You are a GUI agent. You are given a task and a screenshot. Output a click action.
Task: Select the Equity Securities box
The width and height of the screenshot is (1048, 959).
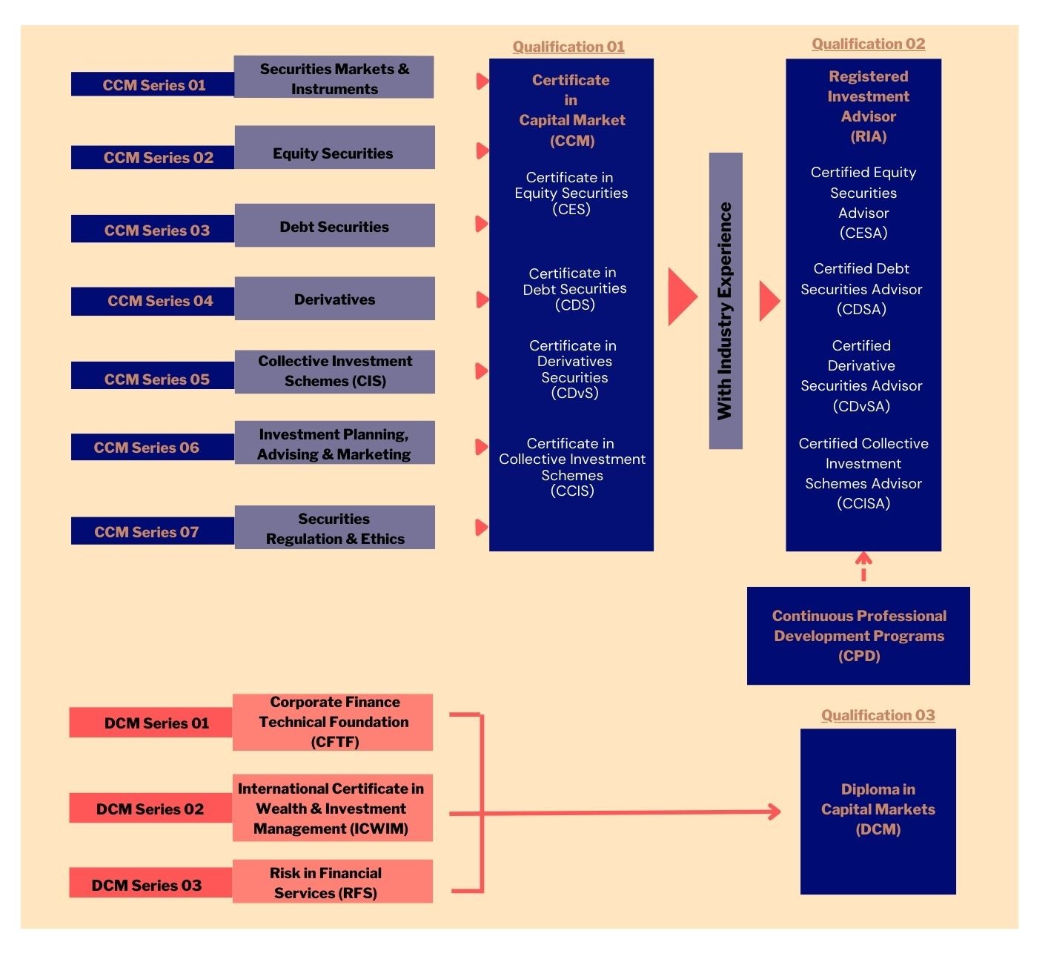pos(334,147)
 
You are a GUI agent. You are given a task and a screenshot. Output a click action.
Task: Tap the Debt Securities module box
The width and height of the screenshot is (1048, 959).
pos(334,225)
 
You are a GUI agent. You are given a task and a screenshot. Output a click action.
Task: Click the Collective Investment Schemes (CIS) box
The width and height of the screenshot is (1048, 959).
pos(334,371)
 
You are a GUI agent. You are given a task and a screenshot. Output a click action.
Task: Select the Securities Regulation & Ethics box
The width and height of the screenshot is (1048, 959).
pos(334,528)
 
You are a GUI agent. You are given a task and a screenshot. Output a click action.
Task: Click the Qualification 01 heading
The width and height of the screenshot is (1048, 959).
pos(568,47)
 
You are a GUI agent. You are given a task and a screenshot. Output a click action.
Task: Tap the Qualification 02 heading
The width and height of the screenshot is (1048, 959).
pos(869,44)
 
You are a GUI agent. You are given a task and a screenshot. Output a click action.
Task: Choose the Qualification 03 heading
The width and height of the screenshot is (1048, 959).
pos(878,715)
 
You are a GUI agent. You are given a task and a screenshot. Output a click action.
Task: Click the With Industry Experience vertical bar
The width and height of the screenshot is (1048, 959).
pos(726,301)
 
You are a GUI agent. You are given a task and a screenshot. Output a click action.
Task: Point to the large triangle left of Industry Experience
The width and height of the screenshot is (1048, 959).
pos(682,297)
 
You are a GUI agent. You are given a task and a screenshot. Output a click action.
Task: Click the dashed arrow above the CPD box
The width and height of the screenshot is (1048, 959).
pos(863,566)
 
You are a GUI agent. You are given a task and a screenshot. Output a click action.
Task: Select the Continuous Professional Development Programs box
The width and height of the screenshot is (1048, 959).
pos(858,636)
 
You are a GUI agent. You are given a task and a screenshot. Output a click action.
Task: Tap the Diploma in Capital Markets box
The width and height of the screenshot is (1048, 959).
pos(878,812)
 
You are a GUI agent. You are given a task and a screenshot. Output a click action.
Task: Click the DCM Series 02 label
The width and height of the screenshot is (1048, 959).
pos(150,809)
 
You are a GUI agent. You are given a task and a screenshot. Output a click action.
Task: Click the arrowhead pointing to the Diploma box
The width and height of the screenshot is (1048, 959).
pos(775,812)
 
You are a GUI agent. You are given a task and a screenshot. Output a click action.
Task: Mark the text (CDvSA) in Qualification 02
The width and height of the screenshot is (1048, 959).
pos(861,406)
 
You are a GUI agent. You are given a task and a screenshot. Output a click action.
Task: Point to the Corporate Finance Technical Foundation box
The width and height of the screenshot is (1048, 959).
pos(332,723)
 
